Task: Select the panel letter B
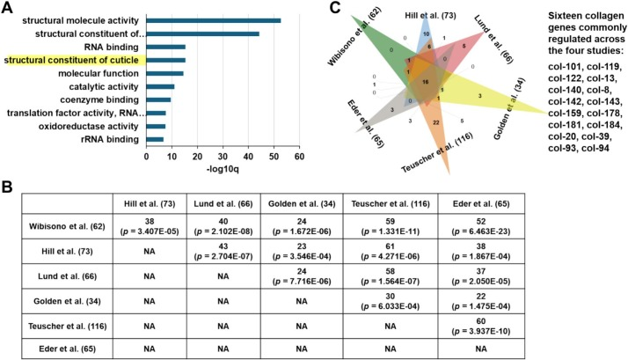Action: [x=8, y=188]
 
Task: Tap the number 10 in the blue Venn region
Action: [x=426, y=34]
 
